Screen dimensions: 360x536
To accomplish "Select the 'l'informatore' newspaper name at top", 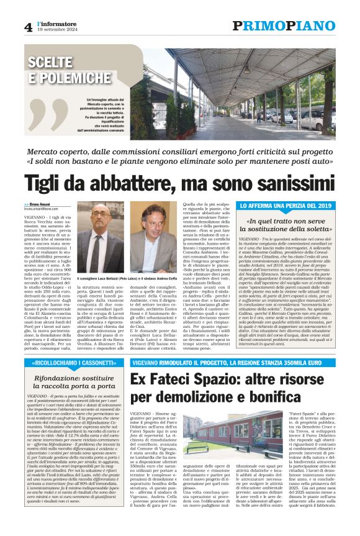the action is tap(52, 23).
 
